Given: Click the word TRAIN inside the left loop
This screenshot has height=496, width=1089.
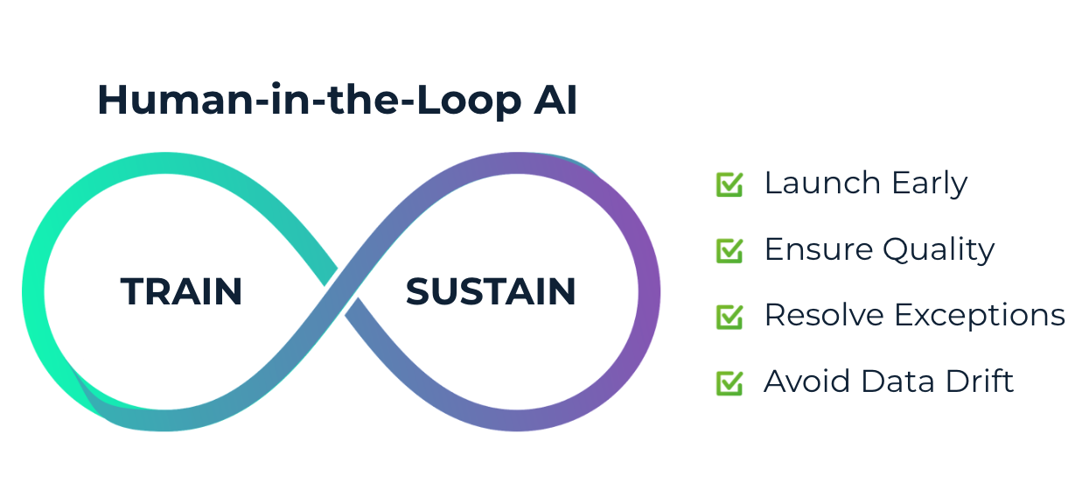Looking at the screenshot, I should click(181, 291).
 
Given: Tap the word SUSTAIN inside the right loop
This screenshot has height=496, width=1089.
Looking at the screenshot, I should click(491, 291).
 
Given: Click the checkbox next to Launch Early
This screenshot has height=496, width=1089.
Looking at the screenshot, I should click(729, 184).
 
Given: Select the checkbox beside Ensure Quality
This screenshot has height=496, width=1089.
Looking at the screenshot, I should click(729, 250).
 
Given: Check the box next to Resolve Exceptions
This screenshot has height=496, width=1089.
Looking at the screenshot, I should click(729, 316).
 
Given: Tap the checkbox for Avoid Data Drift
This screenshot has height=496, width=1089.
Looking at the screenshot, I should click(729, 382).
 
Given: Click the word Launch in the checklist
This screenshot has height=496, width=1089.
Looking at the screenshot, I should click(821, 184).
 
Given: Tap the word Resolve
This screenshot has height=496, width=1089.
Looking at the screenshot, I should click(825, 316).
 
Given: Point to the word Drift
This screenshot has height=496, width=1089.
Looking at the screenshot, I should click(981, 382).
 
